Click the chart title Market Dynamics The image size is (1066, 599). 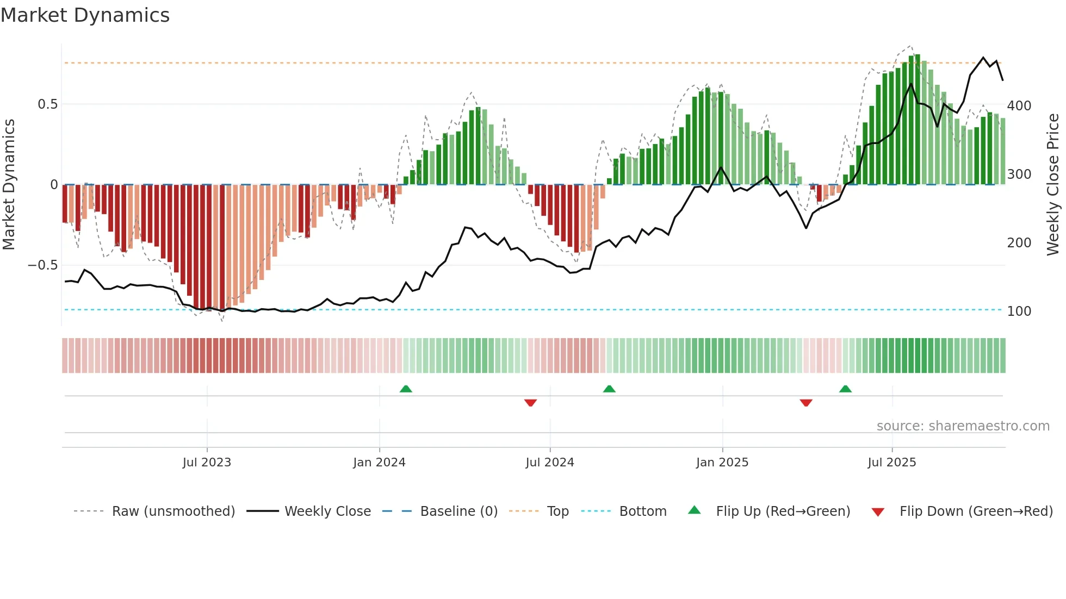coord(85,15)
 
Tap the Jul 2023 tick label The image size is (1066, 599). coord(207,462)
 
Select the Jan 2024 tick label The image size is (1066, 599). coord(379,462)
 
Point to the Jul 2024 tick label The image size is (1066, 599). coord(550,462)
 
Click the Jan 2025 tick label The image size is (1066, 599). coord(722,462)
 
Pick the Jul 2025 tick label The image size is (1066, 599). coord(892,462)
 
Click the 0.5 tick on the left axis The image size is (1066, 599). coord(47,104)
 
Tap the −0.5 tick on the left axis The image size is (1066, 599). coord(43,265)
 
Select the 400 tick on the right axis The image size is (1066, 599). coord(1019,105)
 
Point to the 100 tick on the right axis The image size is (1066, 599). coord(1019,311)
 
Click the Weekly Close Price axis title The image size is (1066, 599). coord(1053,185)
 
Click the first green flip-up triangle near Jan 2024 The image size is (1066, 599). coord(406,389)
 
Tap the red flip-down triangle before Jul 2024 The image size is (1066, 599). coord(530,403)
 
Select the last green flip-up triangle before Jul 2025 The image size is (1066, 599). coord(845,389)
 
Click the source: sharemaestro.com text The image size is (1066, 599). coord(963,426)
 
